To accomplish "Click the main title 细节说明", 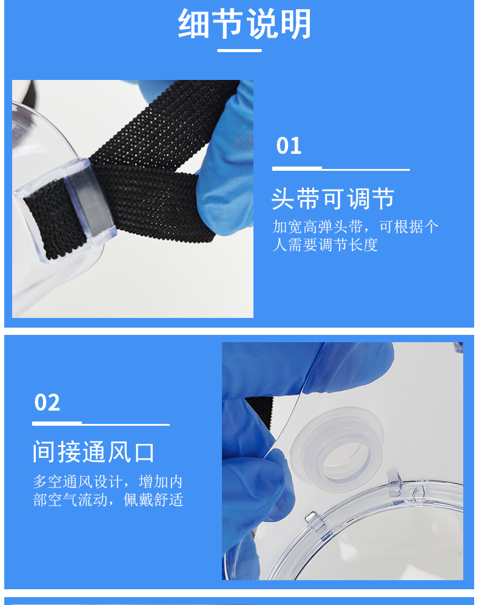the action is point(244,24).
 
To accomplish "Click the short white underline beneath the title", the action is point(239,50).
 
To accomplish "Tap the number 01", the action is point(289,146).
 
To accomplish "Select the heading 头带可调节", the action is point(333,199).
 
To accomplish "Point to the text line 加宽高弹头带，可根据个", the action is point(355,227).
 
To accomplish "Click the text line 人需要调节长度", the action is point(325,245).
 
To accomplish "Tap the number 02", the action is point(47,403).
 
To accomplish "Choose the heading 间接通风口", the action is point(93,452).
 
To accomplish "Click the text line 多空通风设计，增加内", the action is point(107,482).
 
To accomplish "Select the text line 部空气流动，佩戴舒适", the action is point(108,500).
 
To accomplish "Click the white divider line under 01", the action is point(341,168).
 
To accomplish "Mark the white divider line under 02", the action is point(101,424).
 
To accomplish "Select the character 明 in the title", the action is point(296,24).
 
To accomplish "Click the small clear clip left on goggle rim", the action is point(315,521).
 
